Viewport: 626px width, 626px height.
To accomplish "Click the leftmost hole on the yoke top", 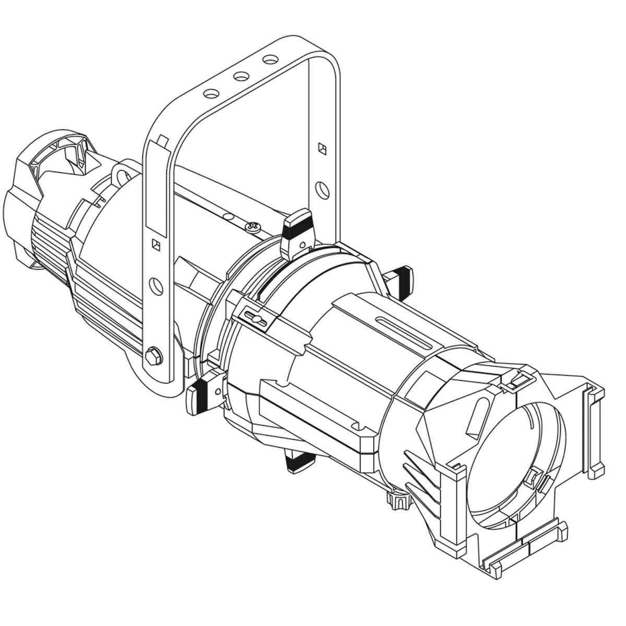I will tap(211, 94).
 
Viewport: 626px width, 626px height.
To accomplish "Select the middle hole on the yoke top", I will tap(241, 77).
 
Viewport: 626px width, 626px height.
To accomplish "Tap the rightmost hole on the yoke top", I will tap(270, 60).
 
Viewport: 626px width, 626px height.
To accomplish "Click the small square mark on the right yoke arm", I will tap(322, 149).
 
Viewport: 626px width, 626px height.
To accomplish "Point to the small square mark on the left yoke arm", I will tap(155, 244).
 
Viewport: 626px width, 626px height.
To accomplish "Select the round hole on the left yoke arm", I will tap(155, 285).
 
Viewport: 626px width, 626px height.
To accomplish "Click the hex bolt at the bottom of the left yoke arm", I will tap(154, 357).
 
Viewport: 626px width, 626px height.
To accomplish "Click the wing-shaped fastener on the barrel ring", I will tap(257, 319).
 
